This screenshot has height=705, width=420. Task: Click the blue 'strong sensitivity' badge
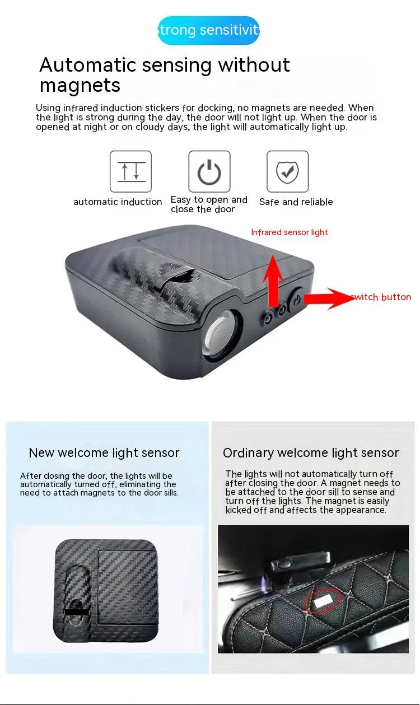(208, 30)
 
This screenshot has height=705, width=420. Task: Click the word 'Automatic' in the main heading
(87, 65)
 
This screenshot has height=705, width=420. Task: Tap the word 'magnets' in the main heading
(80, 86)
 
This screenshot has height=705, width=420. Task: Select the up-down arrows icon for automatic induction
(130, 171)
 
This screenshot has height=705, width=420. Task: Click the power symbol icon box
(209, 171)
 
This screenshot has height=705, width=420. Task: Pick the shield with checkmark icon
(287, 171)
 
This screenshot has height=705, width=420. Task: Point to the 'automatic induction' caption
(118, 202)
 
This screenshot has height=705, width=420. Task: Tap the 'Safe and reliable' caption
(296, 202)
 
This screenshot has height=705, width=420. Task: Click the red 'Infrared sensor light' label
(290, 232)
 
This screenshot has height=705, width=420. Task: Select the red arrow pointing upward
(273, 280)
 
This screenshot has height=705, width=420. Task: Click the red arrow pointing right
(330, 298)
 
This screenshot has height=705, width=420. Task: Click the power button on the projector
(296, 299)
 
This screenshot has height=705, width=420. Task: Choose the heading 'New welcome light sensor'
(104, 453)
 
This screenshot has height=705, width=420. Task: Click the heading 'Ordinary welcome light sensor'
(311, 453)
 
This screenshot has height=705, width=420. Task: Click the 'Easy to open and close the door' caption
(209, 204)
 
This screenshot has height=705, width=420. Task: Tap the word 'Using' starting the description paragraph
(48, 108)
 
